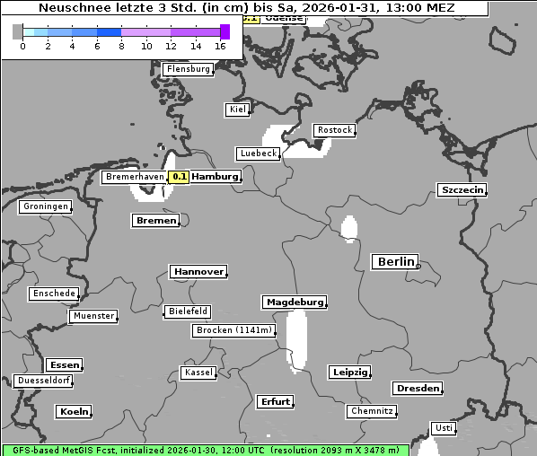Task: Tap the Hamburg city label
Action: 216,177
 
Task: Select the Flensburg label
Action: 189,69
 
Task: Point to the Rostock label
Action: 334,130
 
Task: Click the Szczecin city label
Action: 462,189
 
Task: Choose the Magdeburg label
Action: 294,303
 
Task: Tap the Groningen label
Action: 45,206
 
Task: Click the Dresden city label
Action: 417,389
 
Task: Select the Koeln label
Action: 74,412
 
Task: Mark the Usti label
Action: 443,428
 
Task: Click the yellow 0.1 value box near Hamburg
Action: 180,177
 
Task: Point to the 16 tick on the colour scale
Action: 221,45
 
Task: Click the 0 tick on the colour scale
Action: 22,45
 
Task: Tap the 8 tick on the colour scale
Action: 121,45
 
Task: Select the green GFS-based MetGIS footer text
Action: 205,450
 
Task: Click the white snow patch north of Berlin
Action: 348,228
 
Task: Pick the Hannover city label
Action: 198,271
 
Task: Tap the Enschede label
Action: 54,294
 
